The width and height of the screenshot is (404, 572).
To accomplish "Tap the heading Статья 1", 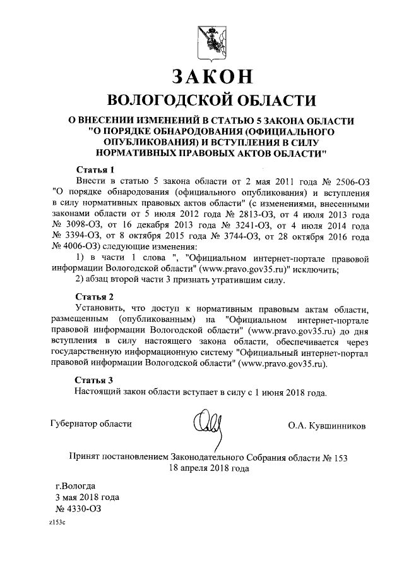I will [95, 170].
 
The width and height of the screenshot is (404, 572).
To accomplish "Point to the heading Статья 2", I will [95, 296].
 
